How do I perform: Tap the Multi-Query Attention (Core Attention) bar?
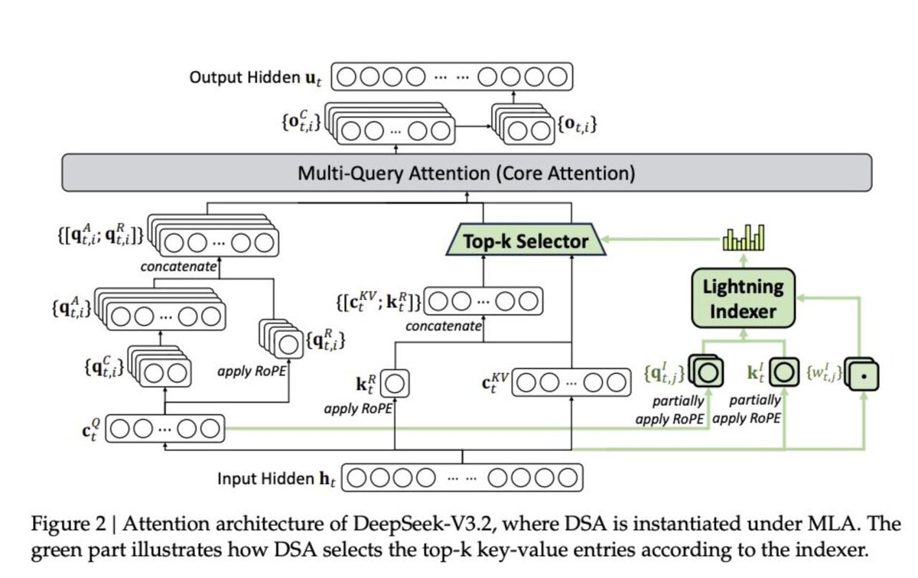point(466,174)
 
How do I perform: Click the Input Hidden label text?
point(275,480)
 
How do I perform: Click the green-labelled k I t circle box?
point(783,373)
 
